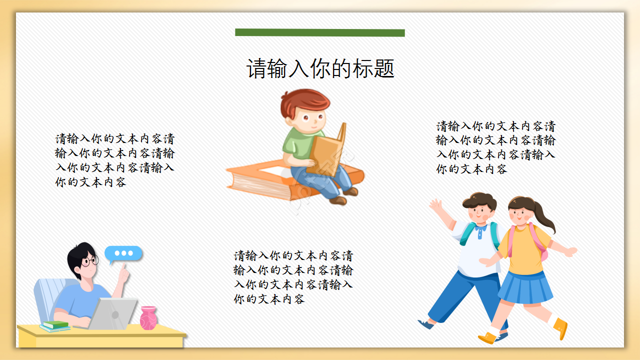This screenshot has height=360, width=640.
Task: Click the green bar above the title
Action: click(320, 32)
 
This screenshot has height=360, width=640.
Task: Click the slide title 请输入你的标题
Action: click(320, 69)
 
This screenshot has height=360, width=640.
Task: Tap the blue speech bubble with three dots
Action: click(123, 253)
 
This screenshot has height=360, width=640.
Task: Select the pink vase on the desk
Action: click(148, 318)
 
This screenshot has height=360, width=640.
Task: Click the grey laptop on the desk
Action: click(114, 313)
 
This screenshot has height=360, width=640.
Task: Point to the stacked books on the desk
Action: click(55, 326)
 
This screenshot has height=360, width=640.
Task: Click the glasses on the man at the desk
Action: click(90, 261)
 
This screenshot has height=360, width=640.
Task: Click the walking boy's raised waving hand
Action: click(436, 205)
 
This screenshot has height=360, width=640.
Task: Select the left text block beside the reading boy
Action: click(115, 160)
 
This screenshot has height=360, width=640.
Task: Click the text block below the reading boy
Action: click(293, 277)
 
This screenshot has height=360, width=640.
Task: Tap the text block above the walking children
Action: click(495, 147)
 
